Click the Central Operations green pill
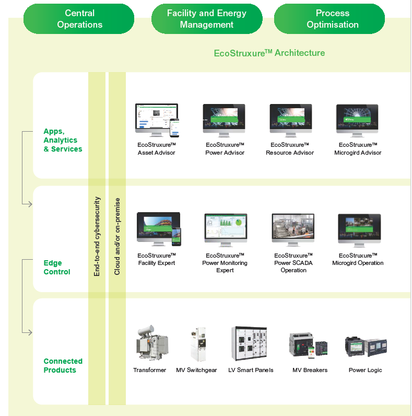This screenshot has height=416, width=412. click(x=79, y=19)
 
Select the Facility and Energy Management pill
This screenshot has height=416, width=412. click(x=206, y=19)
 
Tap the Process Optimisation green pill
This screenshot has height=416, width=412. click(x=332, y=19)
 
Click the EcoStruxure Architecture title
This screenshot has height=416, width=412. click(x=269, y=53)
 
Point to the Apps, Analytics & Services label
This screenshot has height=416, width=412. click(x=63, y=140)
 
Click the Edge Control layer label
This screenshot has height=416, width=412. click(x=57, y=268)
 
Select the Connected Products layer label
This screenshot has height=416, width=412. click(x=63, y=365)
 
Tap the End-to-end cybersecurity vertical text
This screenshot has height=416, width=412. click(x=97, y=236)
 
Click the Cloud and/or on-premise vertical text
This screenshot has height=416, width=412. click(x=117, y=236)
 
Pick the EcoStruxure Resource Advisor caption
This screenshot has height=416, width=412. click(x=290, y=148)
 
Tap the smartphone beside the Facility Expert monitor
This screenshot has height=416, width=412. click(x=176, y=236)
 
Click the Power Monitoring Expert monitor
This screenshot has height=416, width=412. click(x=225, y=229)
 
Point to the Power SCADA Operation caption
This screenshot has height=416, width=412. click(x=293, y=263)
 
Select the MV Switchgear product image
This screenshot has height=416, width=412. click(x=197, y=344)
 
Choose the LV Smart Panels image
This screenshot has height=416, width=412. click(x=250, y=343)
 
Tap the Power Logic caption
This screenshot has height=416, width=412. click(x=365, y=370)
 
